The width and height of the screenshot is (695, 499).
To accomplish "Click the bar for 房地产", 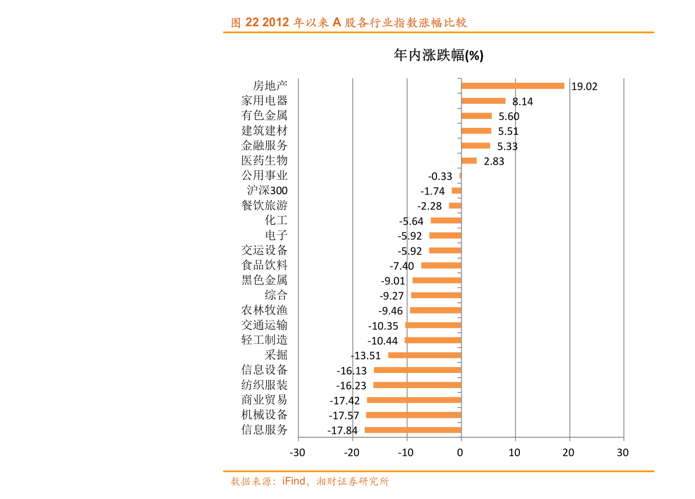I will (x=512, y=86).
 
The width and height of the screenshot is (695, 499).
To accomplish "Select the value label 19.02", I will (x=584, y=87).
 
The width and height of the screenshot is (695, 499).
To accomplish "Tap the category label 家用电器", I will (x=264, y=100).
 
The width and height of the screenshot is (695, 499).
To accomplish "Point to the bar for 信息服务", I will (x=413, y=430).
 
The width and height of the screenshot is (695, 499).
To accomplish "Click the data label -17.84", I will (x=343, y=431).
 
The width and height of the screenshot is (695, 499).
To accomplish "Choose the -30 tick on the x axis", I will (x=298, y=452).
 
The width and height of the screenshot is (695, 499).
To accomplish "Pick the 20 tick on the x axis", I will (x=568, y=452).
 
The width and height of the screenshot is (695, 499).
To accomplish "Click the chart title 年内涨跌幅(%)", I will (x=438, y=55).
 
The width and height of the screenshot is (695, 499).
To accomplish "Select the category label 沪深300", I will (x=267, y=190).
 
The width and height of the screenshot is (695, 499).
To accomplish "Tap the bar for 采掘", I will (x=424, y=355).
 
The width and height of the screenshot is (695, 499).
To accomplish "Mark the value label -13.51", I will (x=366, y=355).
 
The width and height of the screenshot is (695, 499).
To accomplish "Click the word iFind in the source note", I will (x=294, y=481).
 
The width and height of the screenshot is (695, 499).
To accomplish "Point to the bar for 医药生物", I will (x=469, y=160).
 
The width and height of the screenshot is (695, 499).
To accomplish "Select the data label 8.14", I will (x=522, y=102).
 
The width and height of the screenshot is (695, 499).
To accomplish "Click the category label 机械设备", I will (x=264, y=415).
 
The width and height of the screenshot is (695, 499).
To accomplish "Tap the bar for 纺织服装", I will (x=417, y=385).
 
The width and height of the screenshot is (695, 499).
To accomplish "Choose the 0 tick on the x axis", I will (x=460, y=452).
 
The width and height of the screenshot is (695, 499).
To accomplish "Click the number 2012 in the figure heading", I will (x=277, y=23).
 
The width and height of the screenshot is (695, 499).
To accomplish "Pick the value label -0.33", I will (x=440, y=176).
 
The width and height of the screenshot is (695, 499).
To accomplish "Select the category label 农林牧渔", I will (x=264, y=310).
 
